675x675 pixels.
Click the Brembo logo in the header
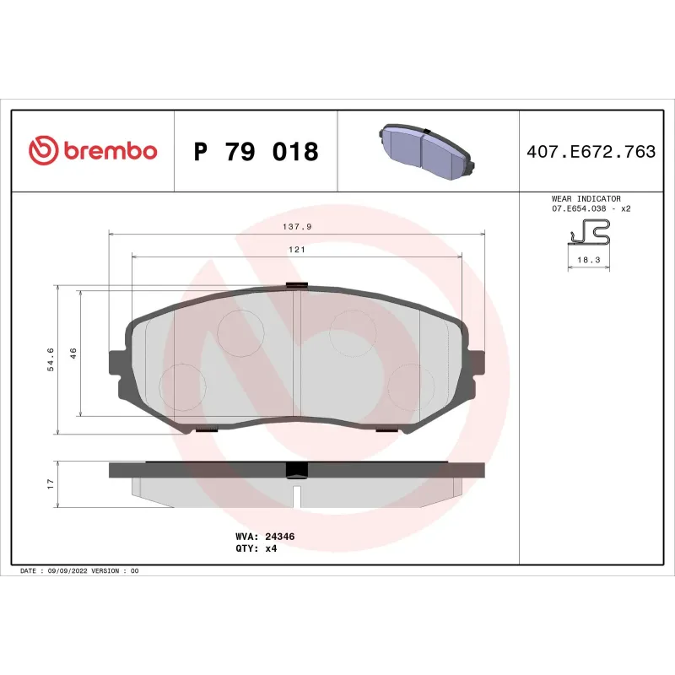93,151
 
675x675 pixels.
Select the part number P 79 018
256,152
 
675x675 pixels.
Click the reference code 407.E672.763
591,152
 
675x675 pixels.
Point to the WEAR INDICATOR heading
586,198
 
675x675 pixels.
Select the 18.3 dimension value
588,261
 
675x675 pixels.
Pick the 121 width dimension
297,250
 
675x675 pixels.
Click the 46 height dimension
73,354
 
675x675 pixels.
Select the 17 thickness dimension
51,484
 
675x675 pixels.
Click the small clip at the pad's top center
297,284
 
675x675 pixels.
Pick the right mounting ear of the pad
476,360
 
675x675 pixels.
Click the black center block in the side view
296,470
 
